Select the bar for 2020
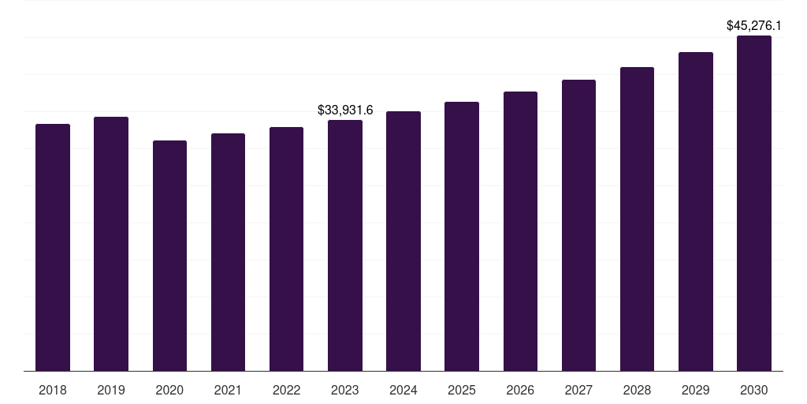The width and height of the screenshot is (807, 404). point(169,256)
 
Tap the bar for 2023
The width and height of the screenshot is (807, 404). point(345,245)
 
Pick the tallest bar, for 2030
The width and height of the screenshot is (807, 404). point(754,203)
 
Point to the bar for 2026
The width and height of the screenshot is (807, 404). point(520,231)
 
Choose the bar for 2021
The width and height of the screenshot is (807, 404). point(228,252)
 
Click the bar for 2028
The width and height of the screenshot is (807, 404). point(637,219)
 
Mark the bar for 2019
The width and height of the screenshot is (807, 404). point(111,244)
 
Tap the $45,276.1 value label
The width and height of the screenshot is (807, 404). point(754,26)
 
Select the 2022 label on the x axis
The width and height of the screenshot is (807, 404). point(286,390)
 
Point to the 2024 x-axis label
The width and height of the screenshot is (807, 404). point(403,390)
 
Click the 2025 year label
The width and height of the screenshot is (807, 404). point(462,390)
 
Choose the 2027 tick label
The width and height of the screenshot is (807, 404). point(578,390)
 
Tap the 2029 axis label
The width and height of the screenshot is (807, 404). point(696,390)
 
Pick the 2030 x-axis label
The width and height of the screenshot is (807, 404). point(754,390)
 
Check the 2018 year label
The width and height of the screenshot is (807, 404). point(53,390)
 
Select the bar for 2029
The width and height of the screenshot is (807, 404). point(696,211)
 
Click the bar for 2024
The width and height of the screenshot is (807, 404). point(403,241)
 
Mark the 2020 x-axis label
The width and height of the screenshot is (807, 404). point(169,390)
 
